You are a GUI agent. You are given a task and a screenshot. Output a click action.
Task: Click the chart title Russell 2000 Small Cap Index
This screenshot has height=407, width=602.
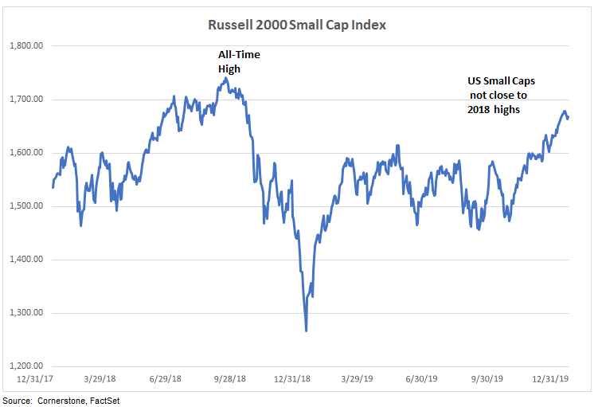(x=296, y=25)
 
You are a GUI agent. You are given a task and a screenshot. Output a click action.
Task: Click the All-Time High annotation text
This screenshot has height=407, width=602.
(x=239, y=61)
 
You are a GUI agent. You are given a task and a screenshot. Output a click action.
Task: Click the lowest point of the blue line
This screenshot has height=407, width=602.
(x=307, y=331)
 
